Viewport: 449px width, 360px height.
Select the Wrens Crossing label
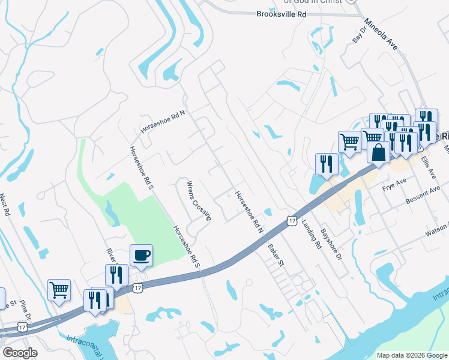coord(199,200)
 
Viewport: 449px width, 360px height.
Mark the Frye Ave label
coord(394,184)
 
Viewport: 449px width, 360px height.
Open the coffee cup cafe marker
coord(142,255)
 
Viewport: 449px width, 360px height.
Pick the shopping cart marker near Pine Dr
coord(59,290)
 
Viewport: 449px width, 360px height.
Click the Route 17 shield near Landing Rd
coord(292,221)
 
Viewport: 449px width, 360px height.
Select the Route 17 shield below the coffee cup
coord(138,289)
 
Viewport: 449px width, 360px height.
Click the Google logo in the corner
coord(20,353)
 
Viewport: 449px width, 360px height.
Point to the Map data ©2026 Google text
coord(411,355)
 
